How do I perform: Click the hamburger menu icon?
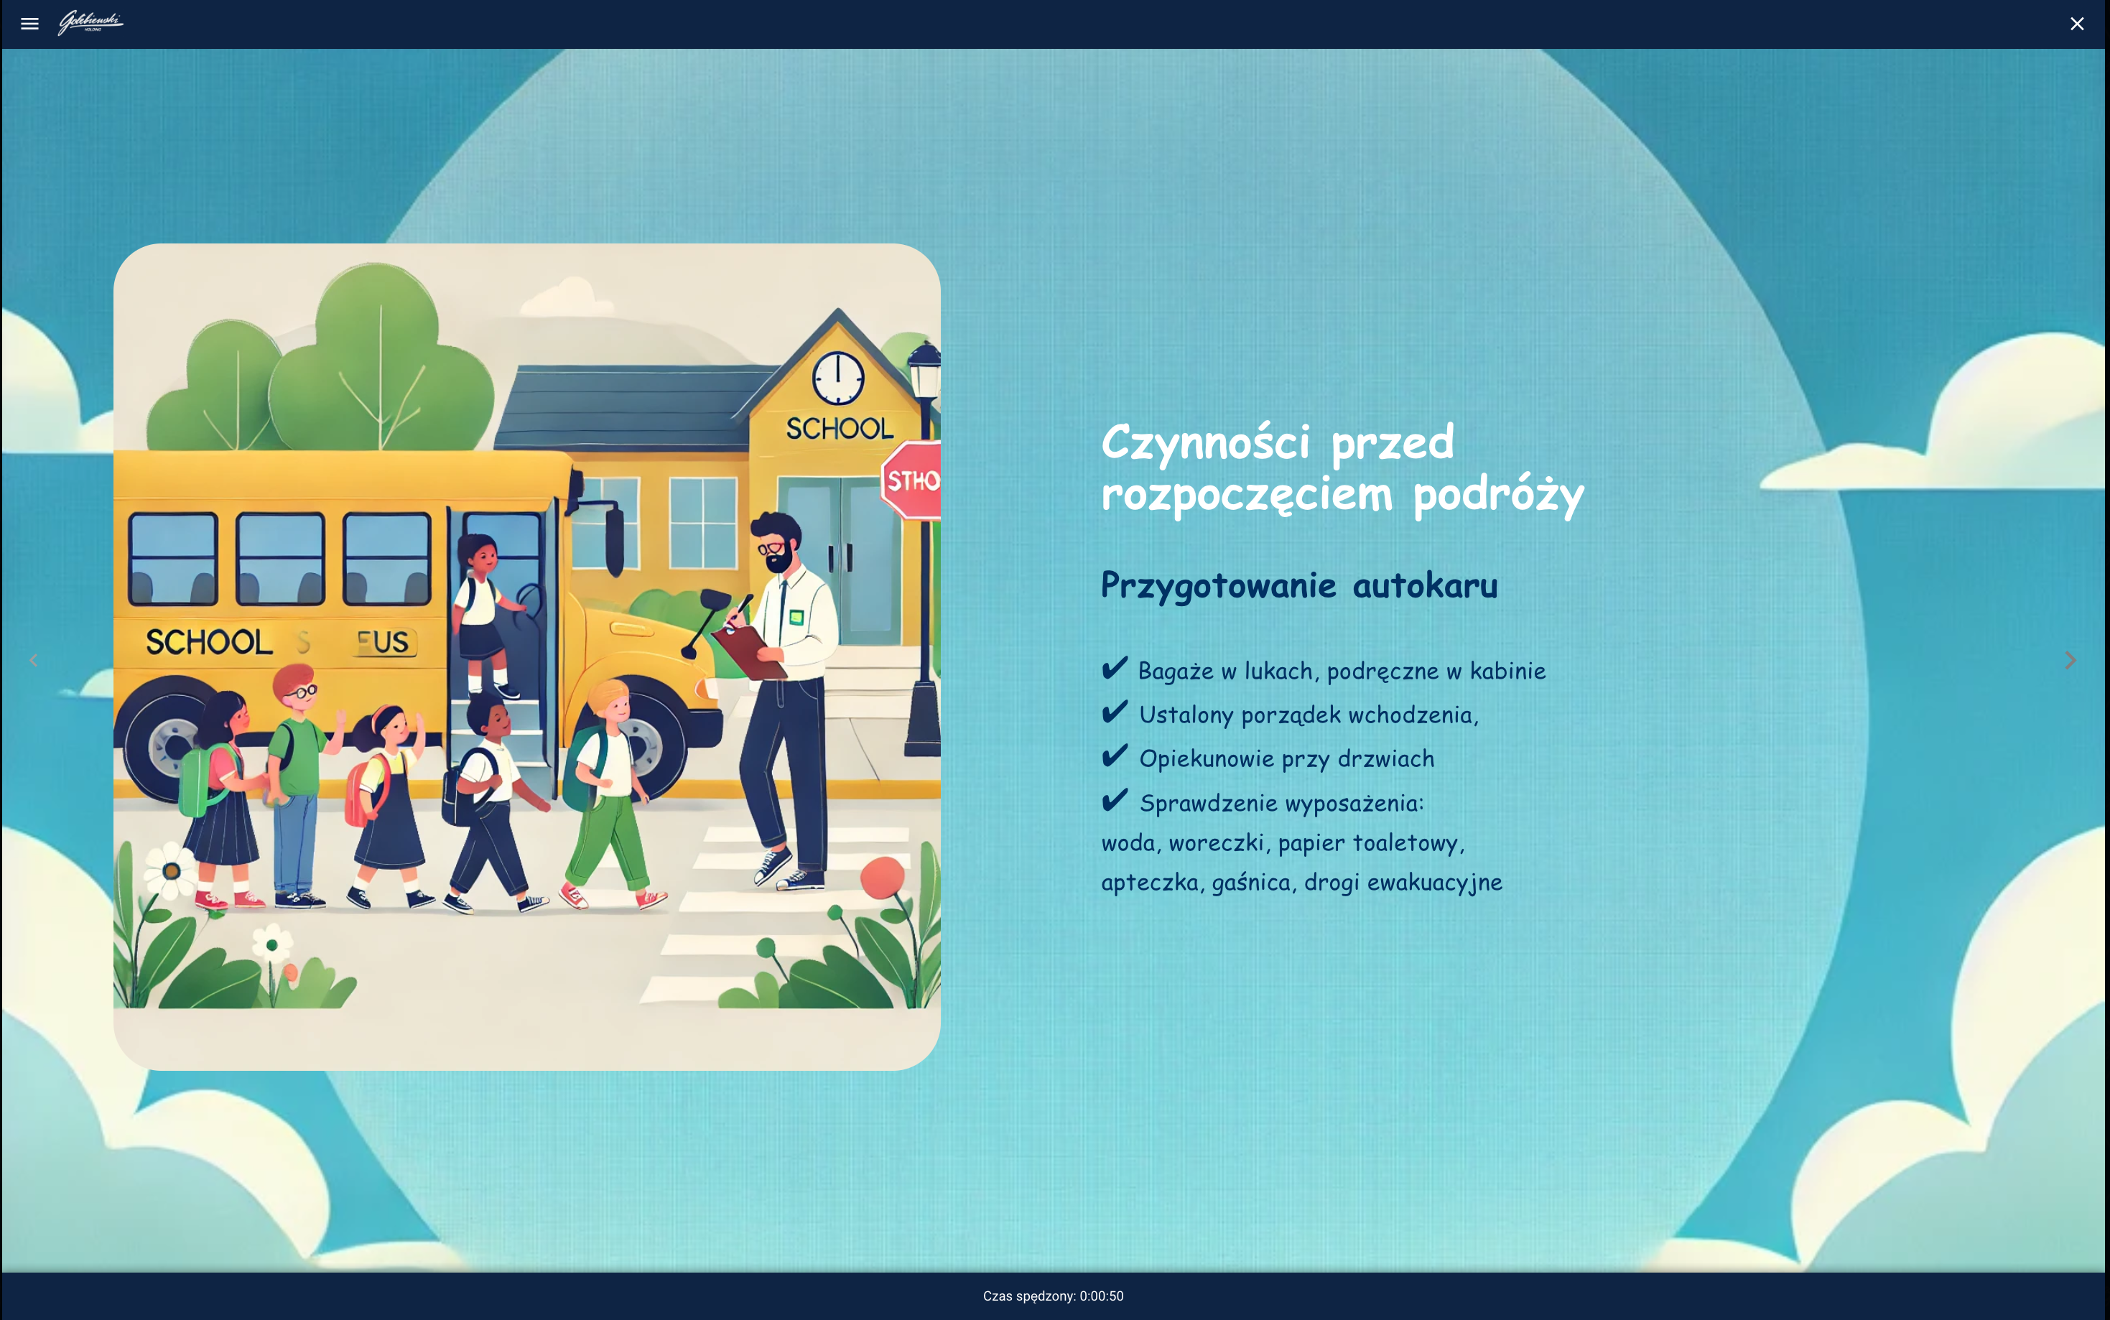[x=29, y=24]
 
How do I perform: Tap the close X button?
[x=2077, y=24]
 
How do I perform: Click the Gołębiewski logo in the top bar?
[x=90, y=23]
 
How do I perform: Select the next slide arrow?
[x=2070, y=660]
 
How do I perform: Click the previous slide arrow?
[x=34, y=660]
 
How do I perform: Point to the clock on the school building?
[x=838, y=378]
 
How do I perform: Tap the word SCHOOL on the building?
[x=840, y=429]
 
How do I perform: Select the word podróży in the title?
[x=1498, y=495]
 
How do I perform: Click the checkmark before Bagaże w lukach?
[x=1115, y=669]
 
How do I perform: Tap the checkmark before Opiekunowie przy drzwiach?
[x=1115, y=756]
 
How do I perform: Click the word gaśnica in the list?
[x=1251, y=883]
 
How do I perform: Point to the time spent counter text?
[x=1053, y=1296]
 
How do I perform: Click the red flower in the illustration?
[x=882, y=878]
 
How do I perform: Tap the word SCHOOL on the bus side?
[x=210, y=643]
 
